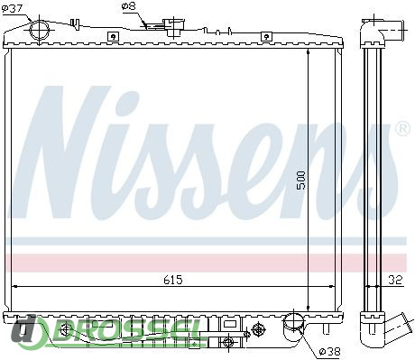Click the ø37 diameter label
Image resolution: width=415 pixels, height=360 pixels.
[x=12, y=8]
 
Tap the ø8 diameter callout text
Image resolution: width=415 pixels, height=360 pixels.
[x=129, y=6]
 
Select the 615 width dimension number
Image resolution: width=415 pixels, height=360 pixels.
[x=173, y=280]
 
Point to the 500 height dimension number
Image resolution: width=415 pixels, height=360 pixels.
[x=300, y=180]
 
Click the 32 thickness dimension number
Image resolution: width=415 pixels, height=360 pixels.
[x=395, y=280]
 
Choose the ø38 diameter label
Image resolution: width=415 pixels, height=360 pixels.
[x=329, y=351]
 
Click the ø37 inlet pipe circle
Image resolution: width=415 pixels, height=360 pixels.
[x=40, y=30]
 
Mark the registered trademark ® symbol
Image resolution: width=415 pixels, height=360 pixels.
[x=403, y=129]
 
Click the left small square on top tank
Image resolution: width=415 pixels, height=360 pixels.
[x=113, y=37]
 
